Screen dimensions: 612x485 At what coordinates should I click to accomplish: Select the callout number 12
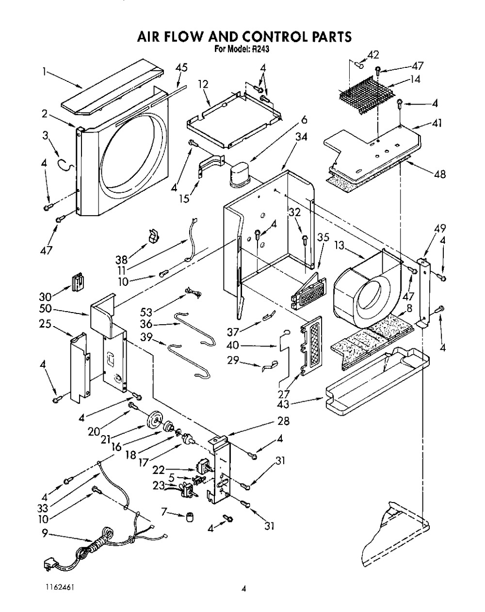pyautogui.click(x=203, y=84)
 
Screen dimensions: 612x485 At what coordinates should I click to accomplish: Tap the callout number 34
pyautogui.click(x=301, y=137)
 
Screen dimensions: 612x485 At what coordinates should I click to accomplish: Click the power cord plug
pyautogui.click(x=47, y=564)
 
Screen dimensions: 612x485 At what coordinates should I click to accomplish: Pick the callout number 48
pyautogui.click(x=439, y=174)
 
